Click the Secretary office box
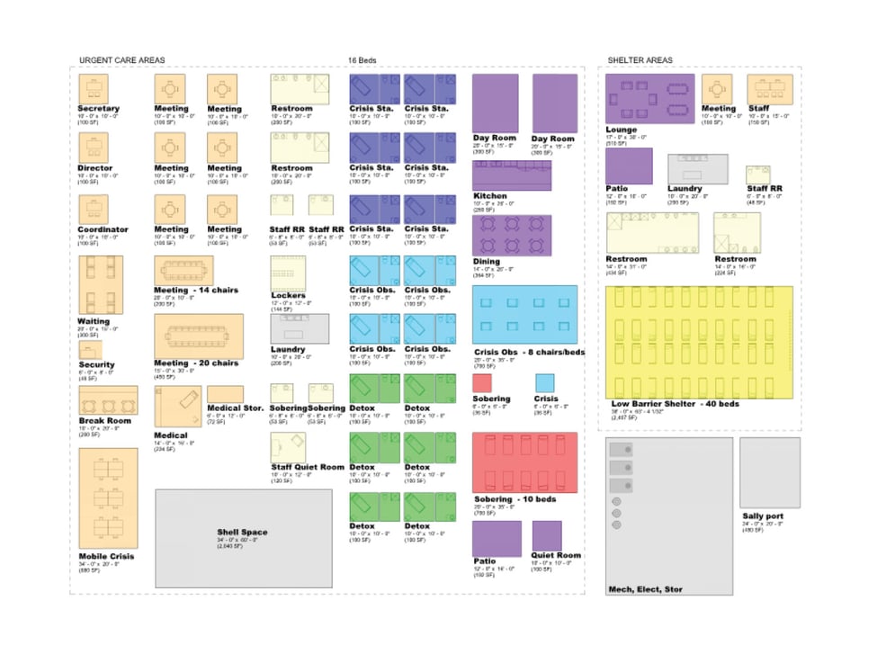pyautogui.click(x=93, y=89)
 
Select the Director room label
pyautogui.click(x=95, y=168)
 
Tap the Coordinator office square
pyautogui.click(x=93, y=210)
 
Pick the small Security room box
pyautogui.click(x=90, y=350)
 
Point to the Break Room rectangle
pyautogui.click(x=108, y=401)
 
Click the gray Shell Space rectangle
pyautogui.click(x=243, y=537)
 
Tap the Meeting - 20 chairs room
pyautogui.click(x=198, y=336)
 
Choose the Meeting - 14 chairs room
pyautogui.click(x=183, y=270)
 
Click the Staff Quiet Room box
pyautogui.click(x=289, y=447)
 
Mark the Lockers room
pyautogui.click(x=289, y=273)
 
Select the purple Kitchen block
pyautogui.click(x=512, y=175)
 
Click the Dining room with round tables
pyautogui.click(x=512, y=235)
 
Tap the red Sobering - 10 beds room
pyautogui.click(x=524, y=462)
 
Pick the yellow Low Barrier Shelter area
pyautogui.click(x=699, y=342)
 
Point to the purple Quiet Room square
pyautogui.click(x=546, y=536)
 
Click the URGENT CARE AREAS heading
pyautogui.click(x=122, y=60)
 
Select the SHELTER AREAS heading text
pyautogui.click(x=640, y=60)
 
